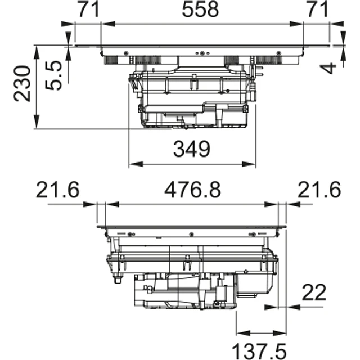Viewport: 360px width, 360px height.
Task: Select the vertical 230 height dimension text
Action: click(x=22, y=83)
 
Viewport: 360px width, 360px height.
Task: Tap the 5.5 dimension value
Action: click(x=54, y=76)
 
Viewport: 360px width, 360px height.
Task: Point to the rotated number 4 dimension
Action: click(x=331, y=67)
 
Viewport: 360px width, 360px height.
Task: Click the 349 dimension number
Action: click(x=191, y=149)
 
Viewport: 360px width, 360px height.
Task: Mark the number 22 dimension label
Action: click(x=315, y=292)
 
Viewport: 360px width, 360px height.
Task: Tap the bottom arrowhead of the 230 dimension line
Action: click(x=37, y=125)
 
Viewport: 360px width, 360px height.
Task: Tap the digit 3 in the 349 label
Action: click(x=178, y=149)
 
